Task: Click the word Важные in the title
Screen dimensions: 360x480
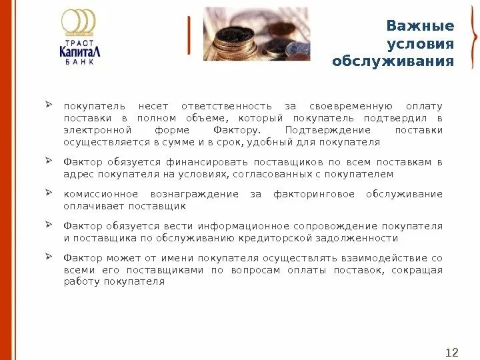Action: pyautogui.click(x=420, y=26)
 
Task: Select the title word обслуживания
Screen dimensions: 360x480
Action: pyautogui.click(x=393, y=62)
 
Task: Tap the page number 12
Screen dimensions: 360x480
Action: pyautogui.click(x=452, y=334)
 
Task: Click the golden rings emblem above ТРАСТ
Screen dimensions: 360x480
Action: pyautogui.click(x=79, y=21)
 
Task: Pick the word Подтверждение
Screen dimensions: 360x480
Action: pyautogui.click(x=323, y=130)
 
